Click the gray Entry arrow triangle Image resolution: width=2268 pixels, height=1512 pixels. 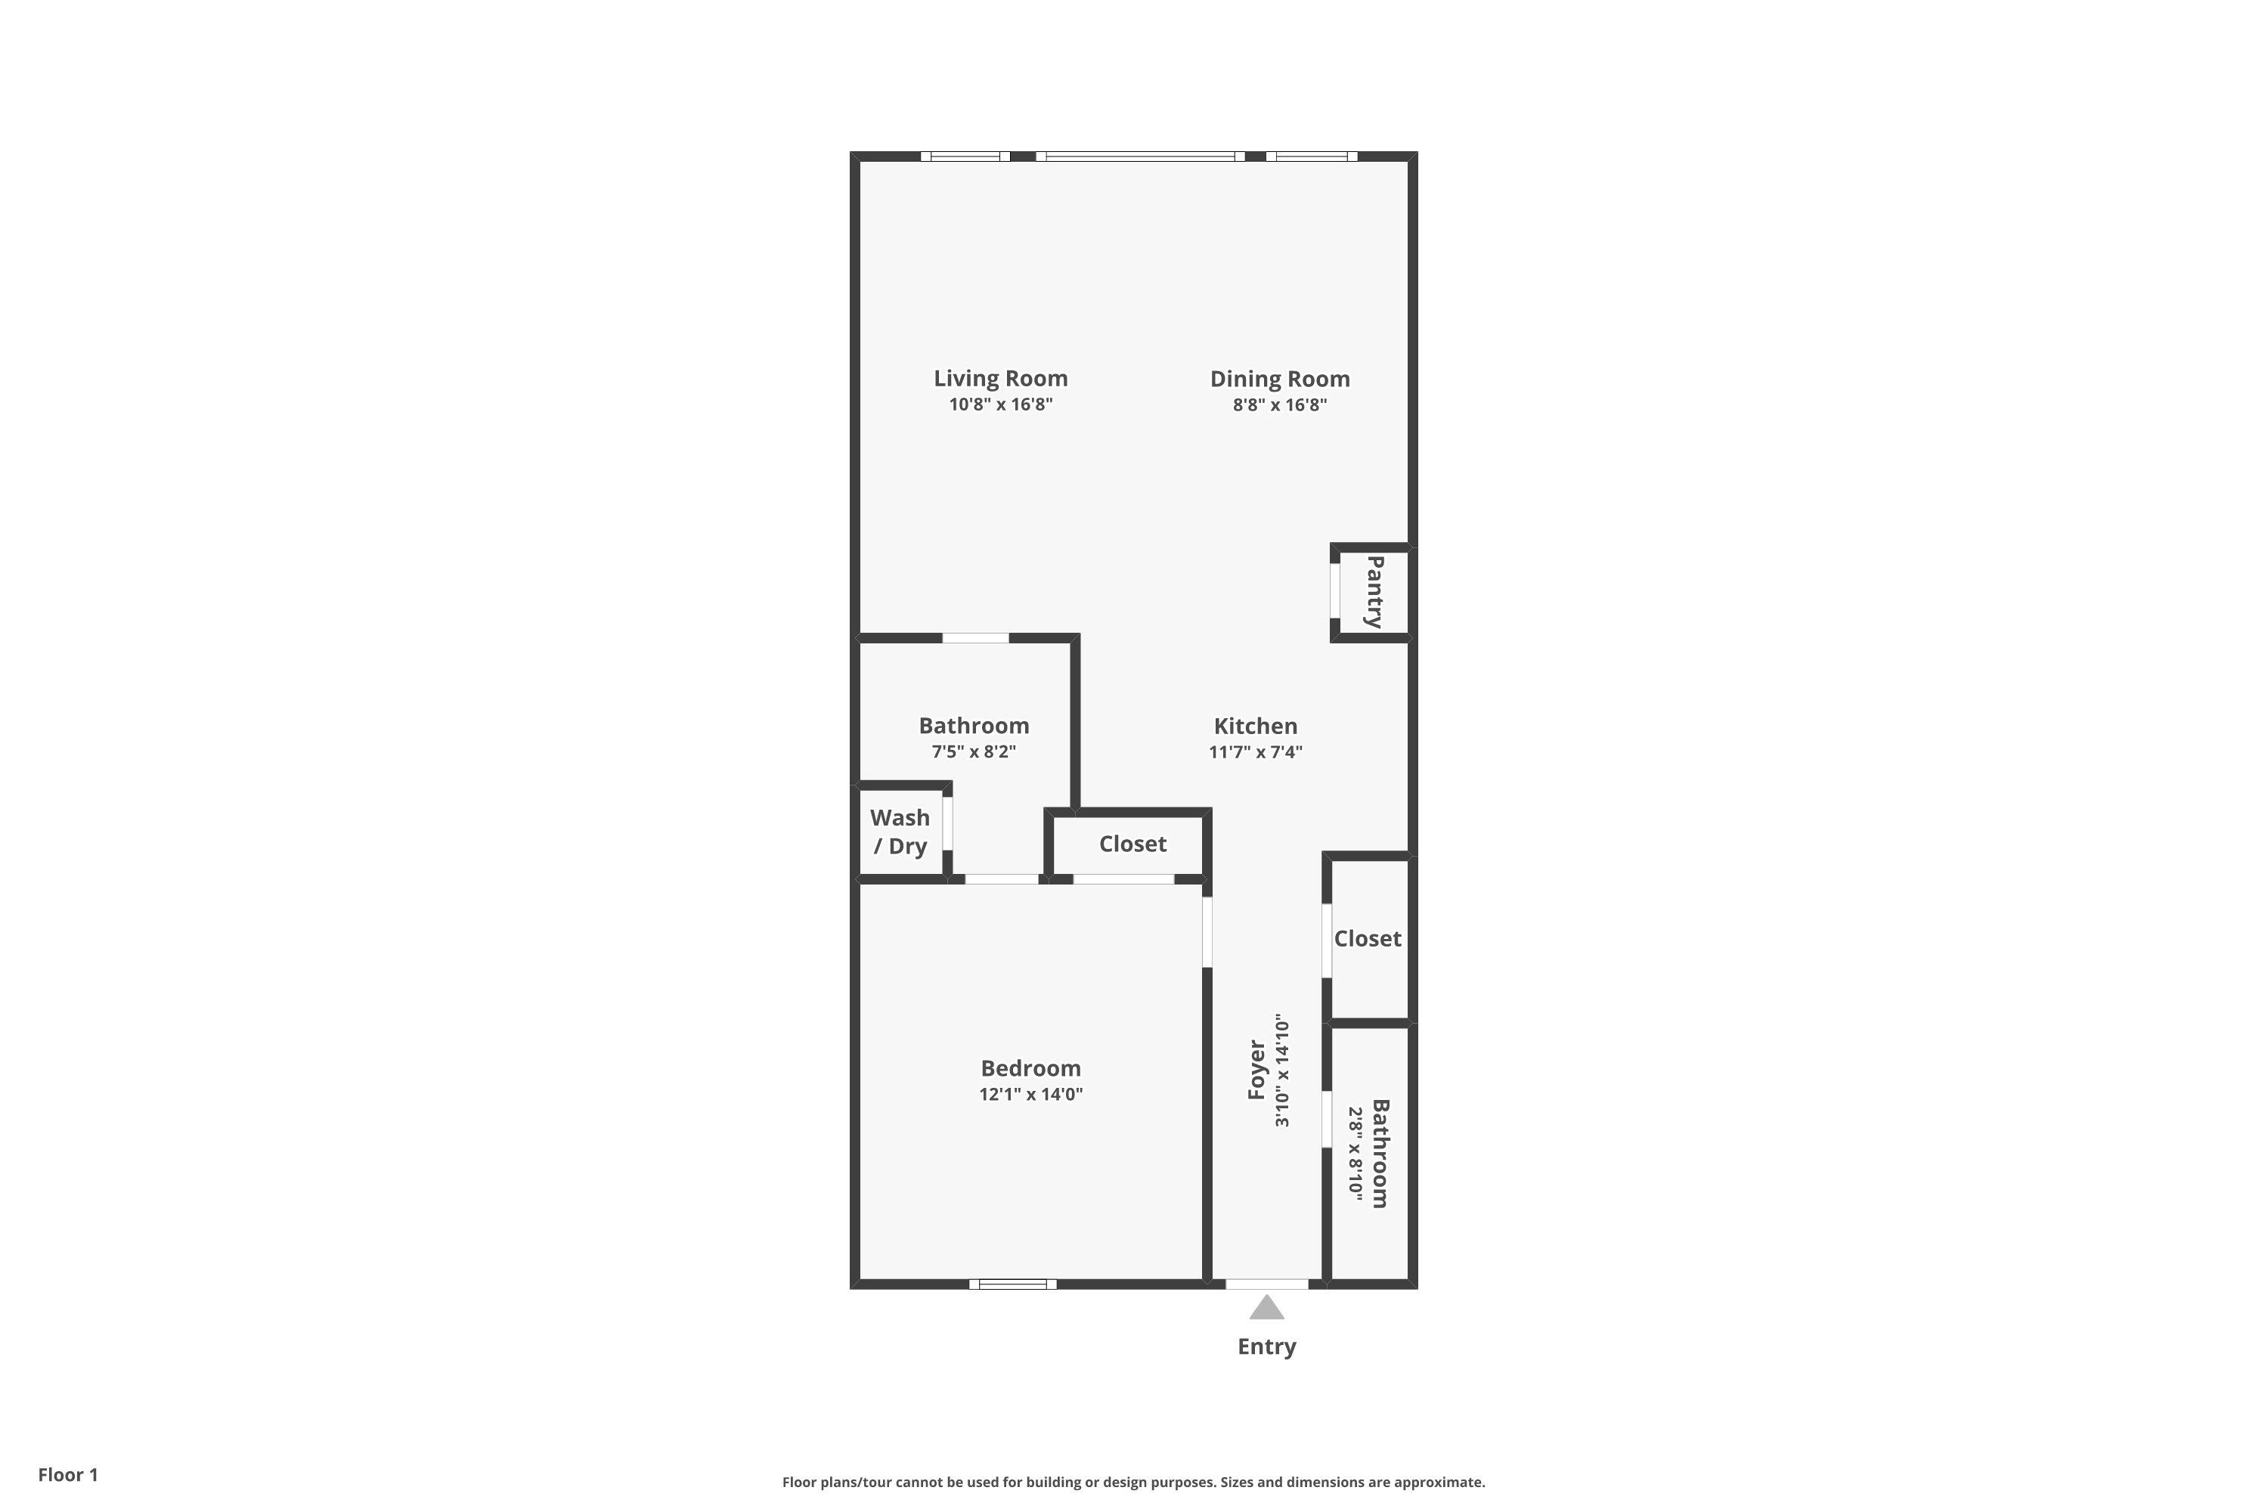(x=1266, y=1309)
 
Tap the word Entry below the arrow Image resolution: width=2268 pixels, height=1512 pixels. (x=1266, y=1347)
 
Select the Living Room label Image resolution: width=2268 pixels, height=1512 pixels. (x=1001, y=379)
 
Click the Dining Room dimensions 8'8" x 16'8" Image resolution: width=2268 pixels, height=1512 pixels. (x=1280, y=405)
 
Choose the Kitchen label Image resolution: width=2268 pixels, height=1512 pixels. (x=1256, y=726)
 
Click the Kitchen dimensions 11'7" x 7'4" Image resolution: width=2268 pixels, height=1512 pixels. (x=1256, y=752)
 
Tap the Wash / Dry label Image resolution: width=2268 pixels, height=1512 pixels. (x=900, y=831)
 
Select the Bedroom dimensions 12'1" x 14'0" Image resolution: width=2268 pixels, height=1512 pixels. (x=1031, y=1095)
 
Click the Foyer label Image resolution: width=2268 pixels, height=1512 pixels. (x=1256, y=1070)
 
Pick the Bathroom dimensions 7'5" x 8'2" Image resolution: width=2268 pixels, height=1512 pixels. (x=974, y=752)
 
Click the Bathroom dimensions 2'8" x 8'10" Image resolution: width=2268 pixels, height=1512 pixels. (x=1355, y=1154)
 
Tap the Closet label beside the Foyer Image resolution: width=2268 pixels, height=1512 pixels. (x=1368, y=938)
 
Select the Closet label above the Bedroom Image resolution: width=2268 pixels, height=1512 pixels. (x=1133, y=844)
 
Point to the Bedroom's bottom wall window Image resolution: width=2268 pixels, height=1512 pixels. (x=1012, y=1284)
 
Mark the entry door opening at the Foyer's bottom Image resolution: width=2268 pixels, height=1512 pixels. (x=1267, y=1284)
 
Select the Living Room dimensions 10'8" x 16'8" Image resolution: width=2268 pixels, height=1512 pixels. (x=1001, y=405)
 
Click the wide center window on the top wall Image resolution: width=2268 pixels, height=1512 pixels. (x=1140, y=156)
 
